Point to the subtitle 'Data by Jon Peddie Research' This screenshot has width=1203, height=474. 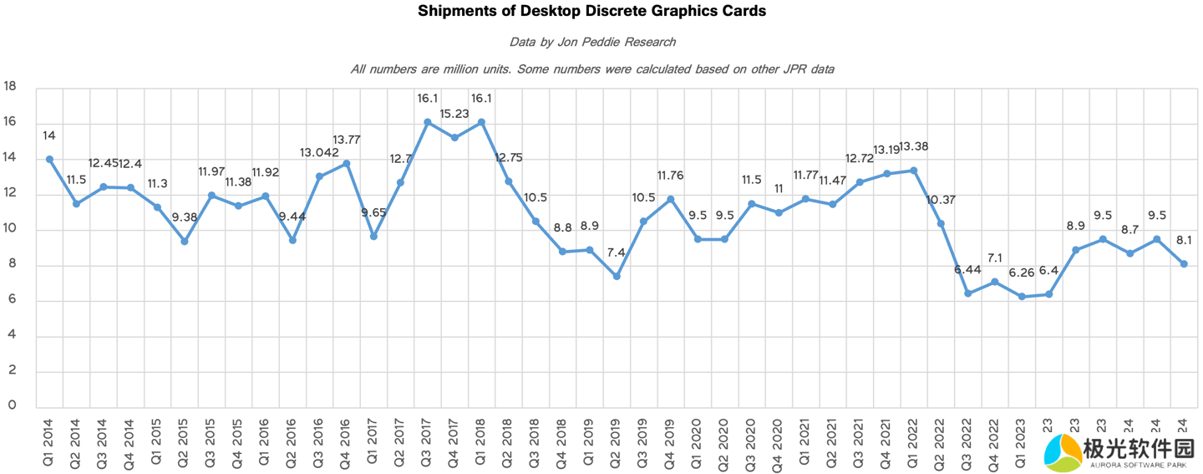tap(592, 42)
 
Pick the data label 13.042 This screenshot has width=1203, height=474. tap(319, 152)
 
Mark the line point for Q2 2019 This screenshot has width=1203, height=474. tap(617, 276)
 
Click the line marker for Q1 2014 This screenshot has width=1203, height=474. tap(49, 159)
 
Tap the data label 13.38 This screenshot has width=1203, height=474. tap(913, 146)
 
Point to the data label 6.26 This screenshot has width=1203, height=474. tap(1021, 273)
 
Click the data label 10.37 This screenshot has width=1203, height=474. tap(942, 200)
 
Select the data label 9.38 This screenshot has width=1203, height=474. tap(184, 217)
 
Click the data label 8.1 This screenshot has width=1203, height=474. tap(1183, 240)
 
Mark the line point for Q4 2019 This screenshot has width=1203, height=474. tap(670, 199)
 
